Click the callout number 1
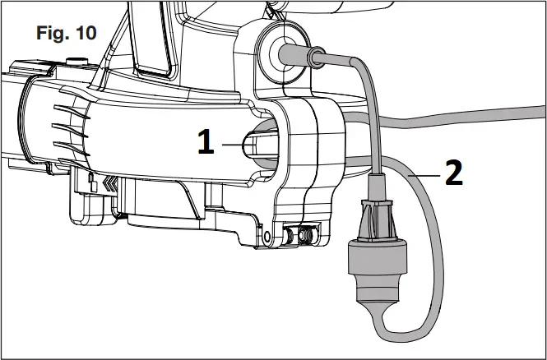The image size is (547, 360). (x=206, y=143)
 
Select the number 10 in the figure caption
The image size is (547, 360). (x=85, y=34)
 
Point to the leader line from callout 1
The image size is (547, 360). (x=234, y=144)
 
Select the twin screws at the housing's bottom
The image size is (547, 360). (x=299, y=235)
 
